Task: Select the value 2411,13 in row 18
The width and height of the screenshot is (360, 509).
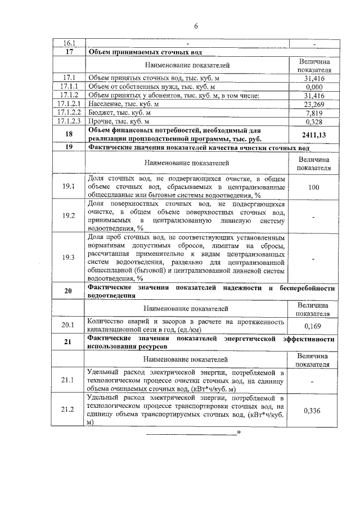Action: pos(315,135)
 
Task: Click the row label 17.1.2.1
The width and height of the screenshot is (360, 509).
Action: pos(69,104)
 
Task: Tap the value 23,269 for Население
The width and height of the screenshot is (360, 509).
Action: pos(315,104)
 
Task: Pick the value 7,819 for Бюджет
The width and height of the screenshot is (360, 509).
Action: pos(315,112)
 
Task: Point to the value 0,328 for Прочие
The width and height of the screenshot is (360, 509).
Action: pos(315,121)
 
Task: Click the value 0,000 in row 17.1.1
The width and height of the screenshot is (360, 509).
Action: pos(315,87)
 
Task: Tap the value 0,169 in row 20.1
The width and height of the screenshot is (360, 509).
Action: pos(315,325)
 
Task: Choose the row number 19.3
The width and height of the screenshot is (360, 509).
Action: pos(69,257)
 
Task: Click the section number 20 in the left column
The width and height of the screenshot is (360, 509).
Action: pos(69,291)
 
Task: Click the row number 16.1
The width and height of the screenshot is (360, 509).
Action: pos(69,43)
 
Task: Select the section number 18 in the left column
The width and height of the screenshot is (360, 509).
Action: pos(69,135)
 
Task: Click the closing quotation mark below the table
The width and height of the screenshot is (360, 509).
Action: pos(239,432)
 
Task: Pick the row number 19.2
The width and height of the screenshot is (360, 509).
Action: pos(69,215)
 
